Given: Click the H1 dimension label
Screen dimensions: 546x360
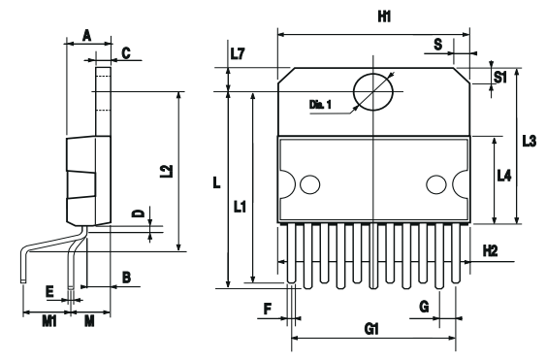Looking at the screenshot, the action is pyautogui.click(x=384, y=16).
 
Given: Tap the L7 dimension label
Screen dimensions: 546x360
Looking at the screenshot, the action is pyautogui.click(x=238, y=53).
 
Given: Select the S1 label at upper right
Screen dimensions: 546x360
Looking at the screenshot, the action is pyautogui.click(x=500, y=77).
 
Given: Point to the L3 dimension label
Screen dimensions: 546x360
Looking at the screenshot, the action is pyautogui.click(x=530, y=141).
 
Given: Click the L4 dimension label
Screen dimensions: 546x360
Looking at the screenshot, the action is pyautogui.click(x=504, y=176).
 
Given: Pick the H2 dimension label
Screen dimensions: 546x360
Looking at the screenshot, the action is pyautogui.click(x=491, y=250).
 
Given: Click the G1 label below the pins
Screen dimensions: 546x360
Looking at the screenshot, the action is pyautogui.click(x=371, y=329).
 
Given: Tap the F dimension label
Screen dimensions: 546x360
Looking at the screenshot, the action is pyautogui.click(x=268, y=309).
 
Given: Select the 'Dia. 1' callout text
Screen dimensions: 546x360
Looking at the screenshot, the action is pyautogui.click(x=320, y=104).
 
